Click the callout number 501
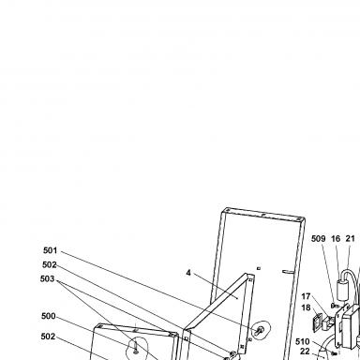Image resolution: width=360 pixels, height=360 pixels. pos(51,250)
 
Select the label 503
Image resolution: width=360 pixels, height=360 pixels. pos(48,278)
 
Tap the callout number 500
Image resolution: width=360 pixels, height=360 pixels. pos(49,316)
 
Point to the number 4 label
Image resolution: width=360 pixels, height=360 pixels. pos(188,273)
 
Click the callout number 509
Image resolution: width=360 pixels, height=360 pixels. pos(318,239)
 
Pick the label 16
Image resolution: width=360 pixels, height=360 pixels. pos(336,239)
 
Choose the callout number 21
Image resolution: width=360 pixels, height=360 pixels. pos(351,239)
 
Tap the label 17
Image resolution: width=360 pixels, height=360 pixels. pos(306,296)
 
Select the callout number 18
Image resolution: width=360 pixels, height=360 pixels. pos(306,307)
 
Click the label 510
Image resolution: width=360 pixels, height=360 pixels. pos(302,341)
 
